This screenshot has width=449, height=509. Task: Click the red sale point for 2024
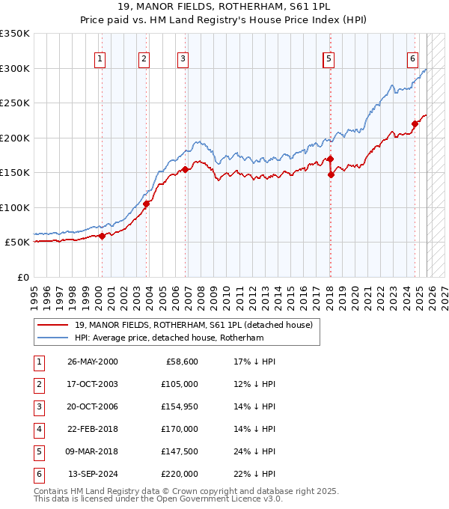point(415,124)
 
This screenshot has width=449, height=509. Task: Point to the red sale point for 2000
point(102,236)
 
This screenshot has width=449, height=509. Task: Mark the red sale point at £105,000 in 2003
point(146,204)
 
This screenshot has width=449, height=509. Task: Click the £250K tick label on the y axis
point(15,103)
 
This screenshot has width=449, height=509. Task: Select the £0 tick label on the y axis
point(22,277)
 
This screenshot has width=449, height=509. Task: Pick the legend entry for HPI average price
point(169,338)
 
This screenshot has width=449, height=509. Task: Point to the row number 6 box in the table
point(38,474)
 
